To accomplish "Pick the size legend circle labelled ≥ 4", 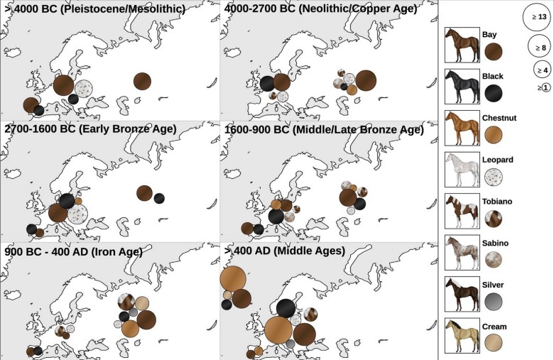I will pos(543,70).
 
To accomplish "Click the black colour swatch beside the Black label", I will pos(494,92).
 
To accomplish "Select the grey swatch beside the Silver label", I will pos(494,300).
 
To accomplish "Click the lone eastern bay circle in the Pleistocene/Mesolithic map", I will pos(142,81).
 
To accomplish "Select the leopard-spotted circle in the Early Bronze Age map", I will pos(77,212).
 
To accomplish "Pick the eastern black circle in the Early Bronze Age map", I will pos(159,198).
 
